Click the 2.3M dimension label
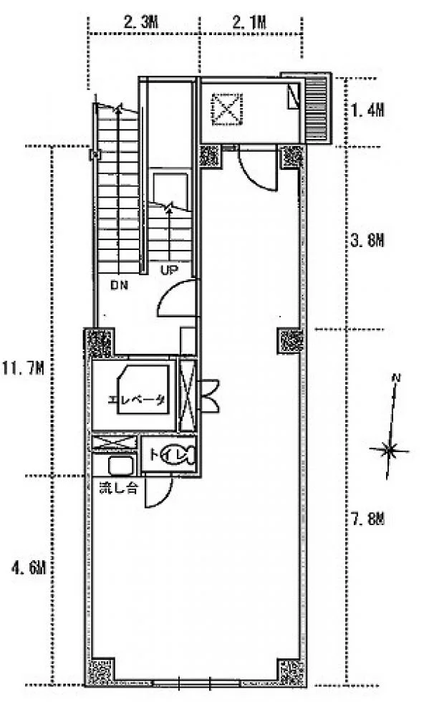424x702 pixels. (x=140, y=22)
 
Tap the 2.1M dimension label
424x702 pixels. (x=249, y=22)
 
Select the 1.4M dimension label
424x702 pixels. (x=367, y=110)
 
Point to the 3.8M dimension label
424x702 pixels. (x=367, y=241)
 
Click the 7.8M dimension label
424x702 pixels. (x=367, y=519)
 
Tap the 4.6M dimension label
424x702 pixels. (x=29, y=568)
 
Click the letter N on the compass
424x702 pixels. (x=396, y=378)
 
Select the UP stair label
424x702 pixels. (x=169, y=270)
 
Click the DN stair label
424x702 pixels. (x=119, y=285)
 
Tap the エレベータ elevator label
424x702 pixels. (x=137, y=400)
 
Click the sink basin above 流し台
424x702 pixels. (x=121, y=466)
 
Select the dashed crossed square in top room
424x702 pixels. (x=227, y=110)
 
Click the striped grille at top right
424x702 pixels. (x=317, y=109)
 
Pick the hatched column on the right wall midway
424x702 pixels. (x=291, y=341)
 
